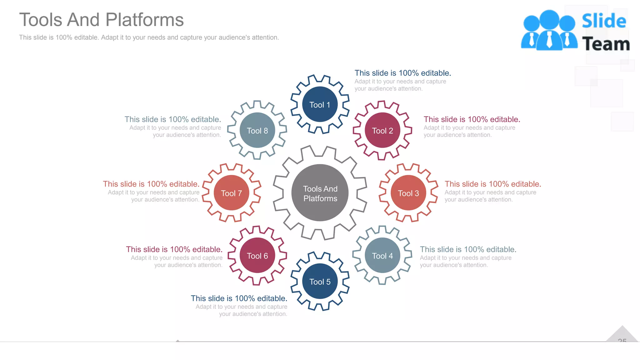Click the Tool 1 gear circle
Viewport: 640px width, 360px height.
pyautogui.click(x=320, y=104)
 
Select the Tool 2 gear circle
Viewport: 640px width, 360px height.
pyautogui.click(x=382, y=130)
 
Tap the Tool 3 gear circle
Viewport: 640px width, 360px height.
pyautogui.click(x=408, y=193)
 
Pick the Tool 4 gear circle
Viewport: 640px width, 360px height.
pyautogui.click(x=382, y=255)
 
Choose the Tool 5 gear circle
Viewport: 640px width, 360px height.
pyautogui.click(x=320, y=281)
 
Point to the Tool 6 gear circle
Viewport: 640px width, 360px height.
pyautogui.click(x=257, y=255)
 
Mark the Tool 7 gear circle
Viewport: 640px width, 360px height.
pyautogui.click(x=231, y=193)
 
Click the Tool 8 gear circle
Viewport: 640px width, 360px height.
pyautogui.click(x=257, y=130)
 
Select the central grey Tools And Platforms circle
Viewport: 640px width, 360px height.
pyautogui.click(x=320, y=193)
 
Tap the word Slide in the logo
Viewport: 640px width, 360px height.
pyautogui.click(x=604, y=21)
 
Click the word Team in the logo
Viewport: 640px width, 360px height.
pyautogui.click(x=606, y=44)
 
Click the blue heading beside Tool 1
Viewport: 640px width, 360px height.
pyautogui.click(x=402, y=73)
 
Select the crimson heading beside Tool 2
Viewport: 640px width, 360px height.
pyautogui.click(x=472, y=119)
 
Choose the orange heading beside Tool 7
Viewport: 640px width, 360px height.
pyautogui.click(x=151, y=184)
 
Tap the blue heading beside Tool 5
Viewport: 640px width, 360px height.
pyautogui.click(x=239, y=298)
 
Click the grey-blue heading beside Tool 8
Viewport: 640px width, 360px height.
pyautogui.click(x=172, y=119)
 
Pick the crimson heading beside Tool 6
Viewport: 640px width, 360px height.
pyautogui.click(x=174, y=249)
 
